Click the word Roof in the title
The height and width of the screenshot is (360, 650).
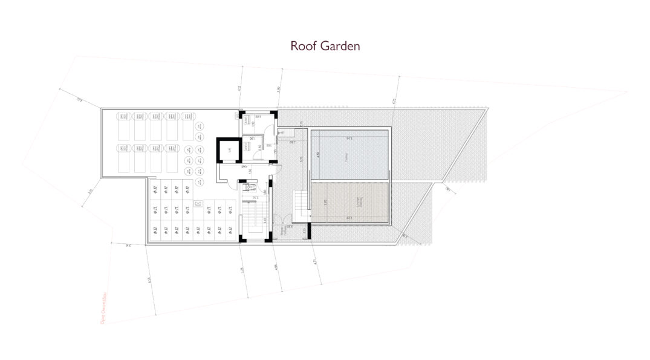[304, 46]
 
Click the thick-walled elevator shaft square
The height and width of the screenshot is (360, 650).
[229, 150]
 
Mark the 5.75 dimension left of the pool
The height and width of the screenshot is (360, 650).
[301, 162]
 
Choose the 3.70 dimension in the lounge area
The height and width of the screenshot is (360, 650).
[325, 203]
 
